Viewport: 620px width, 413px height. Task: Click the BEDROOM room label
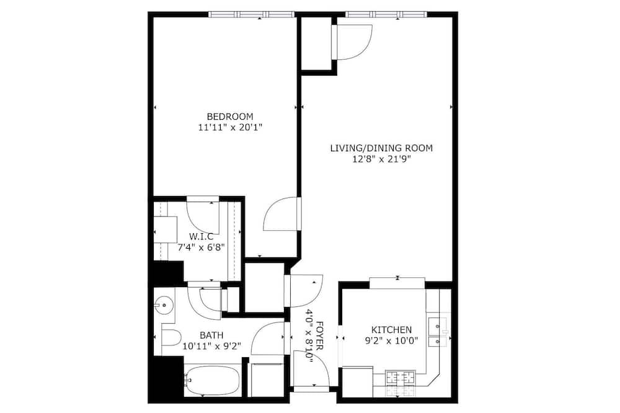(x=230, y=117)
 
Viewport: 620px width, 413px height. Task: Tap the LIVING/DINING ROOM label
(x=381, y=148)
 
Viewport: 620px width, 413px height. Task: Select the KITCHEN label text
(x=391, y=329)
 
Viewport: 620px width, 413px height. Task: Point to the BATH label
(x=211, y=335)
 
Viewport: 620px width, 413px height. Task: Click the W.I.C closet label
(x=201, y=236)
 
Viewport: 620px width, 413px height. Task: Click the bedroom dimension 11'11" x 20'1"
(x=230, y=128)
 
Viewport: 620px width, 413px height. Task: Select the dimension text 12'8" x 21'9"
(x=381, y=159)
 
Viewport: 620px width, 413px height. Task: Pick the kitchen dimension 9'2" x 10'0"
(x=391, y=340)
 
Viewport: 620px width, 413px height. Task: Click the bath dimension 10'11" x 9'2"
(x=211, y=347)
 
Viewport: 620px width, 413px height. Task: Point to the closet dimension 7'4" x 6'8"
(x=201, y=247)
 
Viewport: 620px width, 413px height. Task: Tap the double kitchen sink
(x=438, y=332)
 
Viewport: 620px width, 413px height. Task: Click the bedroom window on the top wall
(x=252, y=15)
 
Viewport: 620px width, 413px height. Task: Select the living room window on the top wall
(x=387, y=15)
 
